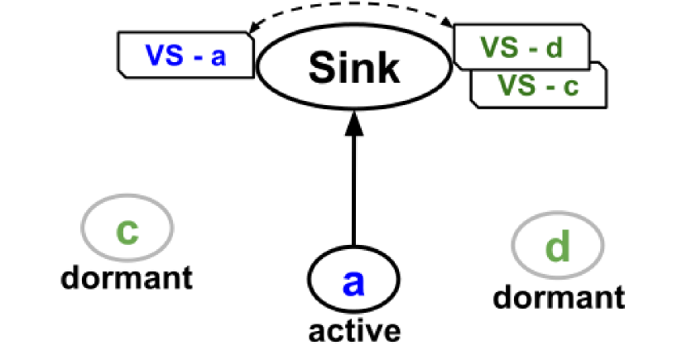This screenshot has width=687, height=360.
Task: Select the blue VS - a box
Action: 185,55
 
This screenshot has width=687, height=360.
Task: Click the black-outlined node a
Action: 353,281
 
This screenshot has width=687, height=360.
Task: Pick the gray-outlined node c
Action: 127,228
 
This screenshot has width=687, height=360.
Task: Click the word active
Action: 354,330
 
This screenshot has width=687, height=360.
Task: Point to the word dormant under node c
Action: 126,276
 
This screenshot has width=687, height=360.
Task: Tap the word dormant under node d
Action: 560,295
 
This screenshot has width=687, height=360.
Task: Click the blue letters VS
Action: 163,55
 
